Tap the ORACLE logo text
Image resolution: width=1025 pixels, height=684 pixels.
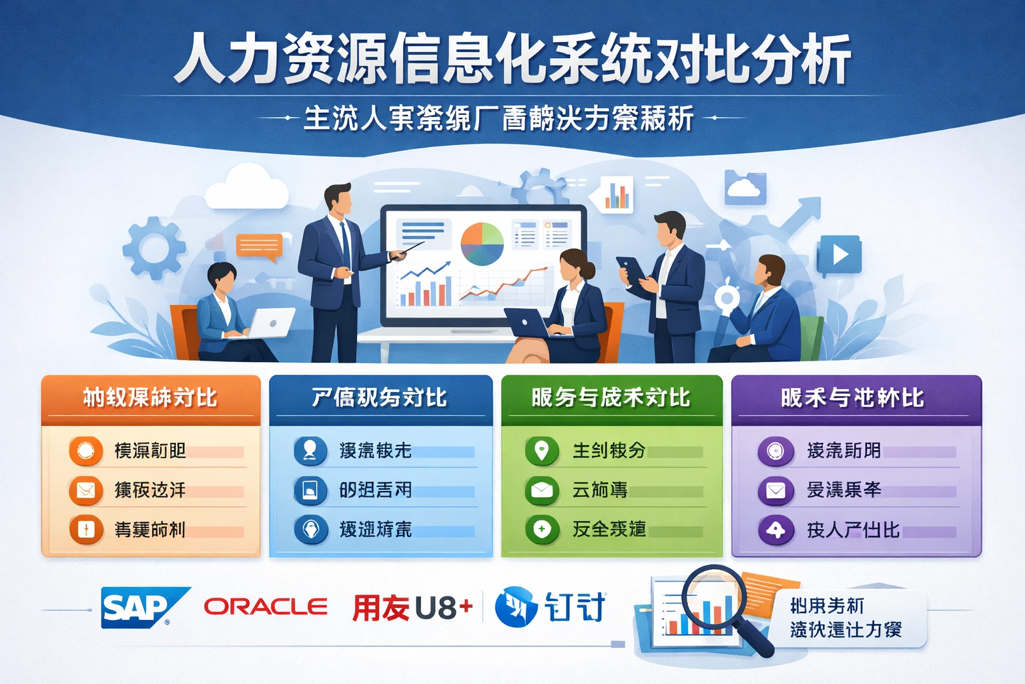tap(266, 607)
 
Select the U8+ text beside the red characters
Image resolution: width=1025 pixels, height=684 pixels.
tap(443, 608)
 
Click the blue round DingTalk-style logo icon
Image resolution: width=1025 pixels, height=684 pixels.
tap(516, 607)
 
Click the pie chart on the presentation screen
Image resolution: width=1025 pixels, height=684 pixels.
tap(482, 244)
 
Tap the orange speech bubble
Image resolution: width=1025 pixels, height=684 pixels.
tap(259, 246)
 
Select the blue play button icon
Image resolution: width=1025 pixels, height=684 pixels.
tap(839, 254)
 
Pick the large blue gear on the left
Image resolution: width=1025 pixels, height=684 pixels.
tap(154, 248)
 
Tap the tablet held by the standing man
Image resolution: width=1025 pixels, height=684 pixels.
tap(632, 269)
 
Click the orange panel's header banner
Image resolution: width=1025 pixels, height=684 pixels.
tap(151, 398)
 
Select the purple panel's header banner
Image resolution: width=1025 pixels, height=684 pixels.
tap(856, 398)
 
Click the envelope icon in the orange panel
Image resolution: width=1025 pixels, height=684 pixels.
tap(86, 491)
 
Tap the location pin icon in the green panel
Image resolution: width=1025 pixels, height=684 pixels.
tap(542, 451)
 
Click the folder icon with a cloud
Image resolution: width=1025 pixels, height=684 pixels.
tap(745, 188)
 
